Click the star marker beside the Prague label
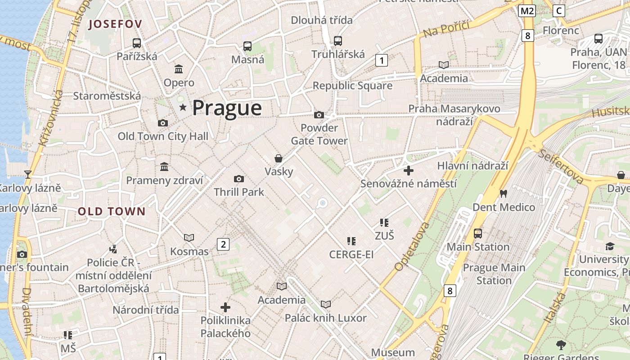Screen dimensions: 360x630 (x=183, y=108)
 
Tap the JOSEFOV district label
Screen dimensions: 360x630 (x=115, y=24)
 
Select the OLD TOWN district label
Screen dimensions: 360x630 (x=112, y=211)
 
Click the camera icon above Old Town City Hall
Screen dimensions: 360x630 (x=162, y=123)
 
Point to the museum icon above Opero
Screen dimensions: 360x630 (x=179, y=69)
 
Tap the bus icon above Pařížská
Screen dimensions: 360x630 (x=137, y=43)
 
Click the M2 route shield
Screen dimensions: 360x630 (x=526, y=11)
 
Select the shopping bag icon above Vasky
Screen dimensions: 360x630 (x=279, y=158)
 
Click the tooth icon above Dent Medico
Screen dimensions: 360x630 (x=503, y=194)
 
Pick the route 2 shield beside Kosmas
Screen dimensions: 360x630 (x=223, y=244)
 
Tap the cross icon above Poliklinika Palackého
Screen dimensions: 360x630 (x=225, y=307)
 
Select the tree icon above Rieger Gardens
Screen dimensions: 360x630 (x=561, y=345)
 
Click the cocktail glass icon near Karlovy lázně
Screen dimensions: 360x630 (x=28, y=174)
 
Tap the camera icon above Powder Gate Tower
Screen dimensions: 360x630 (x=319, y=115)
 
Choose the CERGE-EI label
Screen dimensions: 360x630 (x=351, y=255)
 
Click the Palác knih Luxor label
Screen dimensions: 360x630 (x=326, y=318)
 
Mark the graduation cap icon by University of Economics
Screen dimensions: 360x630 (x=610, y=246)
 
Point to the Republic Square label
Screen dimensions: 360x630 (x=352, y=85)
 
